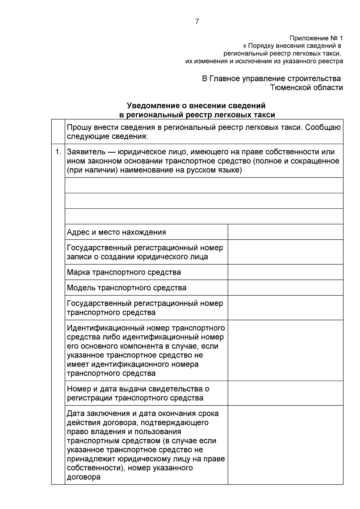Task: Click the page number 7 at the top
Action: [x=197, y=22]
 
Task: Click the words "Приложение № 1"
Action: [x=316, y=38]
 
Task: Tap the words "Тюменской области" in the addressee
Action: [x=307, y=88]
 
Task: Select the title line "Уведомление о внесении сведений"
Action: [x=196, y=106]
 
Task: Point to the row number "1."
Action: [x=58, y=152]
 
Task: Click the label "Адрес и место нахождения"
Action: [x=116, y=232]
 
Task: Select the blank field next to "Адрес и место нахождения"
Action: [x=285, y=232]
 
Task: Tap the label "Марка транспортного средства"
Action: [x=124, y=272]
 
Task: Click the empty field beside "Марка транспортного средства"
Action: [x=285, y=272]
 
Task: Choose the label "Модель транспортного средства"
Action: [x=127, y=288]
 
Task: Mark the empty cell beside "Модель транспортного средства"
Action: [x=285, y=288]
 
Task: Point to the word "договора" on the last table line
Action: [x=84, y=477]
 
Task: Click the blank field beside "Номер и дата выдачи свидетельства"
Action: [x=285, y=393]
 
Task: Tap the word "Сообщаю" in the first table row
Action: [x=323, y=127]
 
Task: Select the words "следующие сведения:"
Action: [x=107, y=137]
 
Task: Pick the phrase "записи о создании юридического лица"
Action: [x=137, y=257]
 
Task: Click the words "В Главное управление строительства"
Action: [x=271, y=79]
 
